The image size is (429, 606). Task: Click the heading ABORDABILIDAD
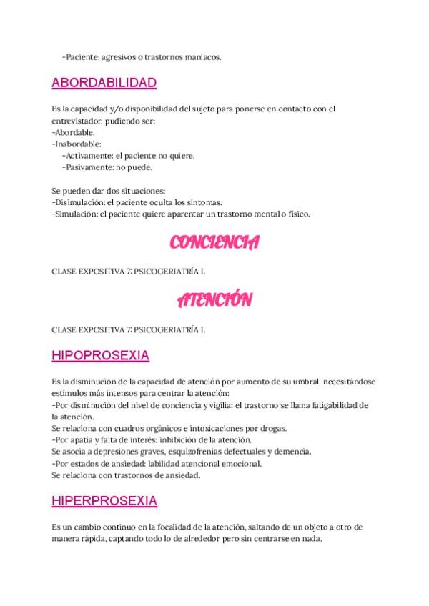[x=104, y=83]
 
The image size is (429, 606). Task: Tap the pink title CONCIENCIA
[x=214, y=244]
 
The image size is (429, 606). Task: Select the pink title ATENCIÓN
[x=214, y=301]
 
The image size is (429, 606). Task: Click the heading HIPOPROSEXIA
[x=100, y=355]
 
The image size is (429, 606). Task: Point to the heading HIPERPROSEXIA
[x=104, y=500]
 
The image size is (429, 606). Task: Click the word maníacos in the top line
[x=202, y=57]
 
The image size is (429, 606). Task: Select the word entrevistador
[x=79, y=121]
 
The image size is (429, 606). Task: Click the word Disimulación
[x=79, y=202]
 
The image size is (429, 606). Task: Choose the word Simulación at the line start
[x=75, y=214]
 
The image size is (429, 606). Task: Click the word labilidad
[x=176, y=463]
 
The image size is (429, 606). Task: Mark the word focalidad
[x=185, y=527]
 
